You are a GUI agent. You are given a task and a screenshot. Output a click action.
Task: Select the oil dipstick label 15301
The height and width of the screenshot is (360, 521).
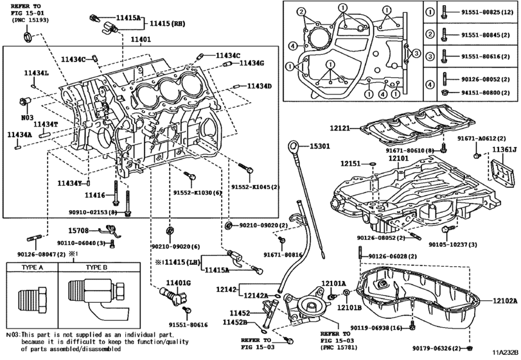[317, 147]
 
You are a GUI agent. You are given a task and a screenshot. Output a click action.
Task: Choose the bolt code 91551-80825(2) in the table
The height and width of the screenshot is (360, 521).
[484, 12]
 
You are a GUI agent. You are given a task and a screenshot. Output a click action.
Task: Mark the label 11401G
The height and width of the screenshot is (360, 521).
[177, 283]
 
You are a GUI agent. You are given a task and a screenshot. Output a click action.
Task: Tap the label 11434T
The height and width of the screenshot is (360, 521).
[46, 124]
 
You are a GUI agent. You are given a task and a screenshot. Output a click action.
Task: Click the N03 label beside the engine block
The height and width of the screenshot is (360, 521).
[27, 118]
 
